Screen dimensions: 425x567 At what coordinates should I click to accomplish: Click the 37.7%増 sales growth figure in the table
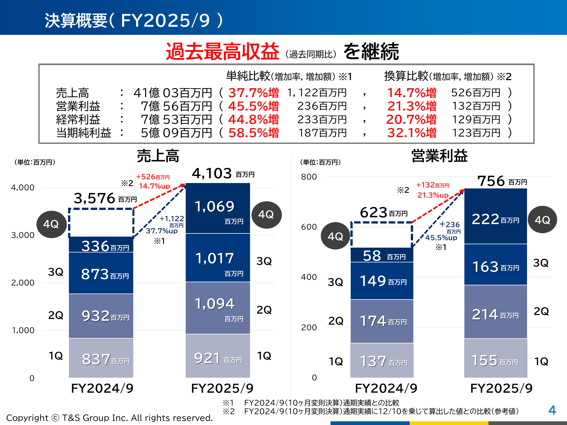(x=253, y=93)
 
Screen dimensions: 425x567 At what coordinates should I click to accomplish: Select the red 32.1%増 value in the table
(x=412, y=133)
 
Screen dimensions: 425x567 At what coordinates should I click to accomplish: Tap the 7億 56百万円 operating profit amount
(x=176, y=106)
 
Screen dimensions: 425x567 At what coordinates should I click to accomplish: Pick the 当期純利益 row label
(x=84, y=133)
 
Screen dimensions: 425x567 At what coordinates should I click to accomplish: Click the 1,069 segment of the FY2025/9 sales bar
(x=218, y=208)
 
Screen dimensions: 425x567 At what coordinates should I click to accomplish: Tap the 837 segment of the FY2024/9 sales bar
(x=101, y=358)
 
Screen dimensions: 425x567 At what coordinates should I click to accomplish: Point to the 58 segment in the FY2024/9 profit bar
(x=382, y=255)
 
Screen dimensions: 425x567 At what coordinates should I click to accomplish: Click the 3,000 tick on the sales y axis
(x=23, y=235)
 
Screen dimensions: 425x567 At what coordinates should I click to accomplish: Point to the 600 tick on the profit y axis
(x=309, y=227)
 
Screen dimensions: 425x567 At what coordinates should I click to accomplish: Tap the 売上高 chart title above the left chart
(x=158, y=156)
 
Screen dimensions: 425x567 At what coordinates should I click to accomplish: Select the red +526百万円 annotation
(x=153, y=177)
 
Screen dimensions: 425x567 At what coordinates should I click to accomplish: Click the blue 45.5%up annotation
(x=441, y=238)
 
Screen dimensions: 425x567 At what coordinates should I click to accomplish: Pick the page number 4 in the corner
(x=552, y=410)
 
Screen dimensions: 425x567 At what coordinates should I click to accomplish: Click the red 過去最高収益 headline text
(x=223, y=52)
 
